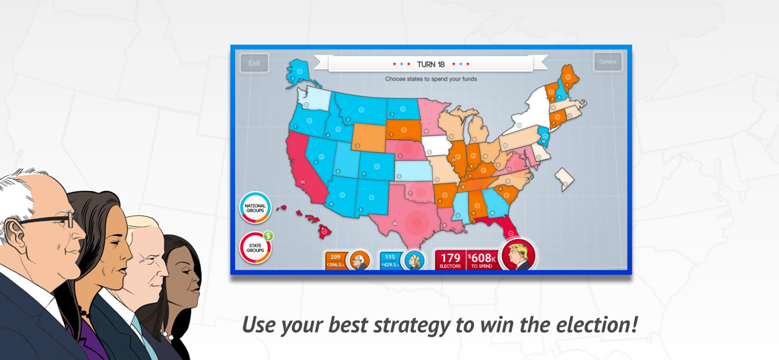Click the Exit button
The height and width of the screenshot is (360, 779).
(x=254, y=63)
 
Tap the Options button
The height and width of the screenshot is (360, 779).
(x=607, y=62)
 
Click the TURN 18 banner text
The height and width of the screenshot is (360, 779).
(x=431, y=65)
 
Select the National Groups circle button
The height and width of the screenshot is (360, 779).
(x=255, y=207)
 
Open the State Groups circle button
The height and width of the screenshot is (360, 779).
(x=255, y=248)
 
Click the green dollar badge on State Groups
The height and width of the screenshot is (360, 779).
(x=269, y=236)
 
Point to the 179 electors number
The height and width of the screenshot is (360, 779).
(x=450, y=258)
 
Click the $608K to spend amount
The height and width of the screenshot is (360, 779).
(x=481, y=259)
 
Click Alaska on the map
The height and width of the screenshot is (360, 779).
(x=297, y=72)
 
